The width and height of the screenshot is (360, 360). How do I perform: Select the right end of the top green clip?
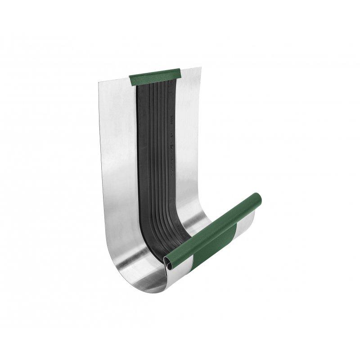[x=179, y=73]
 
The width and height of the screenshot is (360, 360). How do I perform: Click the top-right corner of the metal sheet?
[x=201, y=68]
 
